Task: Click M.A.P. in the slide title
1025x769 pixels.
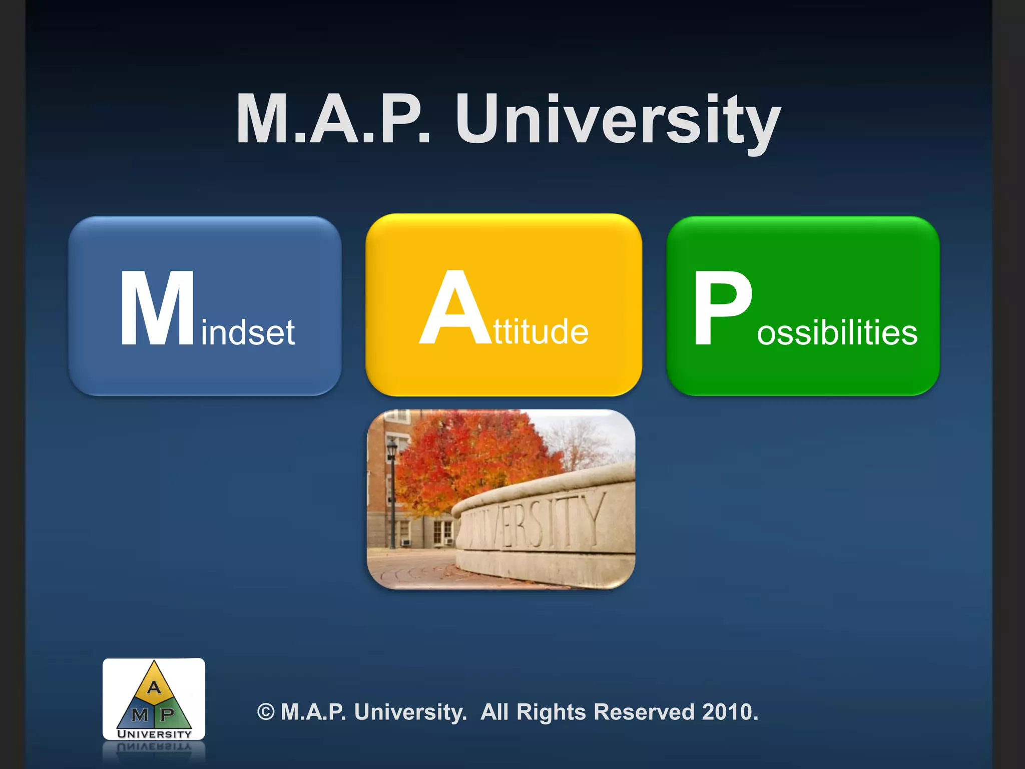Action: pos(333,120)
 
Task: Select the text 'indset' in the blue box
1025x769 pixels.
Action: pos(248,332)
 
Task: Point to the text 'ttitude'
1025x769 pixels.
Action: pos(541,332)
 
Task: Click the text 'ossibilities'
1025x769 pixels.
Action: pos(837,333)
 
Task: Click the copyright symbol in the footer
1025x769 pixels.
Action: pos(266,712)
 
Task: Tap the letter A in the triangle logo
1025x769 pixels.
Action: pos(154,687)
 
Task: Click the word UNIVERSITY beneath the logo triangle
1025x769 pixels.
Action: pos(154,734)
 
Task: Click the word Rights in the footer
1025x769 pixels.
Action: pos(551,712)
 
